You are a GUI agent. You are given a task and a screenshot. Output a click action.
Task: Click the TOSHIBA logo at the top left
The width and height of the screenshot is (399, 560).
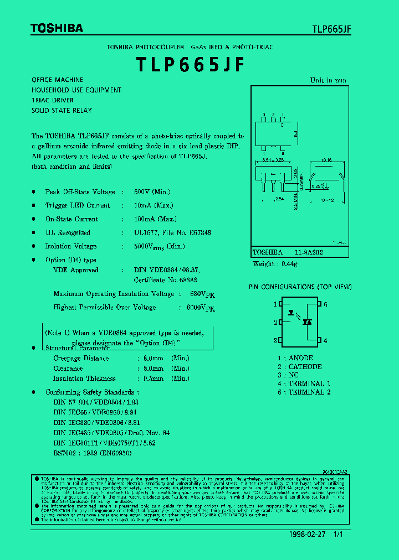coord(57,28)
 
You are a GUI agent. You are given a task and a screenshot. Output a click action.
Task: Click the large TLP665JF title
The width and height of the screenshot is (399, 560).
coord(190,65)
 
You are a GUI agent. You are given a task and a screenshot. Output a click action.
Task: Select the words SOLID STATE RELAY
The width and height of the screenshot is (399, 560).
coord(62,111)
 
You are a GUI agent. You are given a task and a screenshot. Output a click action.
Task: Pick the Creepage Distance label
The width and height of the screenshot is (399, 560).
coord(81,358)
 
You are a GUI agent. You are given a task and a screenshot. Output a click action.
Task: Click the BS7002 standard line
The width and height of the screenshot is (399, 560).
coord(93,452)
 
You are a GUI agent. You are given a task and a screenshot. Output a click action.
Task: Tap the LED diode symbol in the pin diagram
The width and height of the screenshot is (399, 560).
coord(291,312)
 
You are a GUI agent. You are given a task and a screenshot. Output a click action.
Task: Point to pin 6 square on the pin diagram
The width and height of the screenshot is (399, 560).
coord(319,304)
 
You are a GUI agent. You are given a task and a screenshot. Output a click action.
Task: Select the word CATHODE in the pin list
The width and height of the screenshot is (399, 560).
coord(305,367)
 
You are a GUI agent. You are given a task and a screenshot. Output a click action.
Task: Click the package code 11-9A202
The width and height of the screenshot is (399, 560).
coord(309,252)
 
